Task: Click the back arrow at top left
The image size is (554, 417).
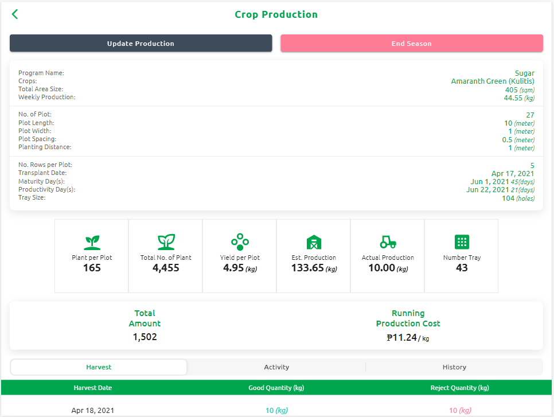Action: click(15, 14)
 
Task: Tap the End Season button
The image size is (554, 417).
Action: click(411, 44)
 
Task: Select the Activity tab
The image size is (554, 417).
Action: click(276, 367)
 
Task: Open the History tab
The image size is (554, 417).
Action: click(454, 367)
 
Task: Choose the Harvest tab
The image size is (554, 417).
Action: click(99, 367)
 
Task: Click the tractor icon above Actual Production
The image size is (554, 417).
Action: click(388, 241)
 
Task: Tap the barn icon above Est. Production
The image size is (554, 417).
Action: click(314, 241)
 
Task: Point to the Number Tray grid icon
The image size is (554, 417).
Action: click(462, 241)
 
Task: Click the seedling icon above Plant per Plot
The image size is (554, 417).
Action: click(92, 241)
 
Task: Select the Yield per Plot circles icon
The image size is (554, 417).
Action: click(240, 241)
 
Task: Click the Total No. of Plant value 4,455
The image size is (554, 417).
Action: click(166, 268)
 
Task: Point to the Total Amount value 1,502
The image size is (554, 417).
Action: click(145, 337)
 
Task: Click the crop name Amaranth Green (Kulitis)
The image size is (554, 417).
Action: click(493, 81)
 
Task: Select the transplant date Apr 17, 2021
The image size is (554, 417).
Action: click(513, 173)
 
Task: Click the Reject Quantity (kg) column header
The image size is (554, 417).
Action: click(459, 388)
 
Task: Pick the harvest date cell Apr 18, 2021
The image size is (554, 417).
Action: click(92, 411)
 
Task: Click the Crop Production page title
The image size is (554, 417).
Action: click(276, 14)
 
